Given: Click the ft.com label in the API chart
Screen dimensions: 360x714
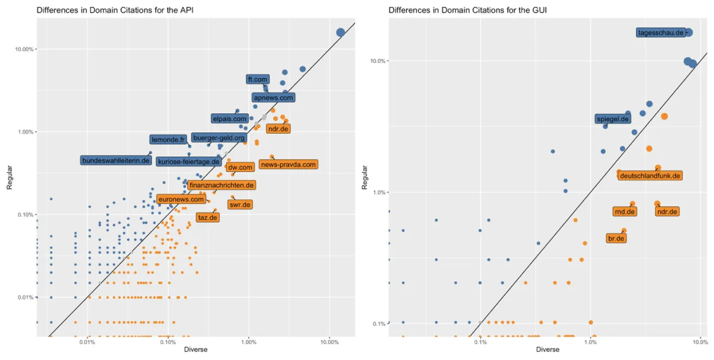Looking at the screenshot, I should (258, 80).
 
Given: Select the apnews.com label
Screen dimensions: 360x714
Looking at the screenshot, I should (273, 98).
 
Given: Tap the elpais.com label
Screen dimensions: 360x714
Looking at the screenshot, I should (229, 119).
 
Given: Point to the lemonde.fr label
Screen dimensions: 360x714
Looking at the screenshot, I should (168, 140).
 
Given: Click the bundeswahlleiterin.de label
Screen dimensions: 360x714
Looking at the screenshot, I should (116, 161).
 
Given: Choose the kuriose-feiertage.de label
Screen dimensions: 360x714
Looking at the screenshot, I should (188, 162).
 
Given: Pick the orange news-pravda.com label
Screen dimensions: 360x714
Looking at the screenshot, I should (288, 165).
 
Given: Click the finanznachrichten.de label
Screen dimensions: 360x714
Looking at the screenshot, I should (220, 185).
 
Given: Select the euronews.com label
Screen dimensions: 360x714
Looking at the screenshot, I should (181, 200).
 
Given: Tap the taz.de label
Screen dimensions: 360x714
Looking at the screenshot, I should (207, 217).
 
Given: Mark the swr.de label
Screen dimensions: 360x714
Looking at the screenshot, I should (239, 204).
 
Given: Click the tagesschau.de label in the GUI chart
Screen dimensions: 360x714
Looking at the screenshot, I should (661, 33).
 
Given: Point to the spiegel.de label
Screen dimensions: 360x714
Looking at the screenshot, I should (613, 120).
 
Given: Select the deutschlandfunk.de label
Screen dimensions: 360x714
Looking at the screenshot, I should (650, 176).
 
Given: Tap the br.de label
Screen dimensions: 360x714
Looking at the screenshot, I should (616, 239).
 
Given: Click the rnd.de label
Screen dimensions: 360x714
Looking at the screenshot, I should (625, 212).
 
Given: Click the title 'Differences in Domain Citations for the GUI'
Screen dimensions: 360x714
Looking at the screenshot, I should (464, 10).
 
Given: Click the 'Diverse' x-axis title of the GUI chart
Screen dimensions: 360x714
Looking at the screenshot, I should (547, 350).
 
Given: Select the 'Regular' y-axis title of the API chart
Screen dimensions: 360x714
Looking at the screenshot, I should (10, 177).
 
